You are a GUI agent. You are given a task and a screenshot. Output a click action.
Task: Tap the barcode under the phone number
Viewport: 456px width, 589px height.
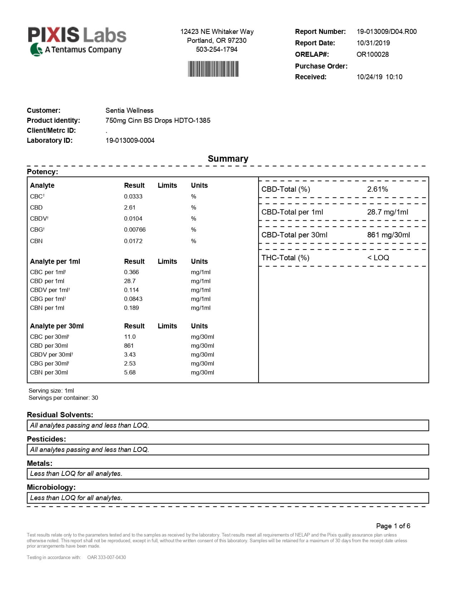[x=214, y=69]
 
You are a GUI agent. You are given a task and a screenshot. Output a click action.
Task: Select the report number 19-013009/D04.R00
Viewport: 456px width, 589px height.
[x=386, y=31]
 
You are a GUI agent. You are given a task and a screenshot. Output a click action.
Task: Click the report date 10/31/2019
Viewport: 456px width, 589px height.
[x=373, y=43]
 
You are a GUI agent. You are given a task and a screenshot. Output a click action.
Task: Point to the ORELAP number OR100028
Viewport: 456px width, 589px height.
[x=372, y=54]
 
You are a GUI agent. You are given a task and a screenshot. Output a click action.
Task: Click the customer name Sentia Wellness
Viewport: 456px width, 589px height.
[x=129, y=110]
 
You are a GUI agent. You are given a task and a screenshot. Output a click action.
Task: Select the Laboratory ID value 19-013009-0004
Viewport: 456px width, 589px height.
[x=130, y=140]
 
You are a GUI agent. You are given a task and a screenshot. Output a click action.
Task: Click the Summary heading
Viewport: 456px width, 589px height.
[x=228, y=158]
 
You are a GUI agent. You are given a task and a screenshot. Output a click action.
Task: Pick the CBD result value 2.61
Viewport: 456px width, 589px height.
[x=129, y=207]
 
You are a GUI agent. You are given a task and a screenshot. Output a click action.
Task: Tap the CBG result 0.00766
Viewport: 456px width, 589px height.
[x=135, y=230]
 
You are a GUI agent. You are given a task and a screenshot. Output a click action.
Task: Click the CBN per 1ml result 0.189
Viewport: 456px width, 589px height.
[x=131, y=308]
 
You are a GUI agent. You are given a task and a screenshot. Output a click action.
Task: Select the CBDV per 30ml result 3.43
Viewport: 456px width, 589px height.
[x=129, y=354]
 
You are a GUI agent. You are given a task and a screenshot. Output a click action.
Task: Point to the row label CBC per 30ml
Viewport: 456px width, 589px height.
[x=49, y=337]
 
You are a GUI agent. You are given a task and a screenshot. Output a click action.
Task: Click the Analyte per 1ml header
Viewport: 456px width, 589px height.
[x=55, y=261]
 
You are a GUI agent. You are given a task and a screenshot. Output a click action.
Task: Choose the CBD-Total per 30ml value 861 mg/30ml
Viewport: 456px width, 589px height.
[x=388, y=235]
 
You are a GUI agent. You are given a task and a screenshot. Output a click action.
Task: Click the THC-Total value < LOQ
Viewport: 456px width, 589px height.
[x=378, y=258]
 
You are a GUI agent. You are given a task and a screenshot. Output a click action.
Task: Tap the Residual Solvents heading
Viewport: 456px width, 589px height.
[x=60, y=415]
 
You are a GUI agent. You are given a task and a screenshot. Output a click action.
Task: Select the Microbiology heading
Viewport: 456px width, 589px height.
[x=51, y=487]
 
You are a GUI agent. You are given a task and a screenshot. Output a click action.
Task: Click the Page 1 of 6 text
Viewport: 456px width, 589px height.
[x=393, y=526]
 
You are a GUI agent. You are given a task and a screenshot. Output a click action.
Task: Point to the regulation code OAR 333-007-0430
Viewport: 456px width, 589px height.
[x=107, y=557]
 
